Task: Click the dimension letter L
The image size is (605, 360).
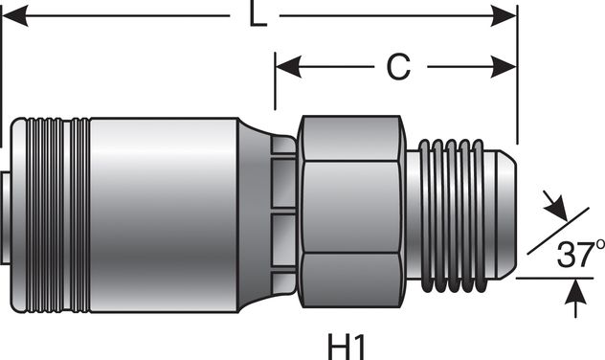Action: click(x=256, y=16)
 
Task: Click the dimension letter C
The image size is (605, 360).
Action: click(x=397, y=67)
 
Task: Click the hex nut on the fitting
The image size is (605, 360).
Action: click(x=350, y=211)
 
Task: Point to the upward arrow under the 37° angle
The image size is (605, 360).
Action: click(x=574, y=297)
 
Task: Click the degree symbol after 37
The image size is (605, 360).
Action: click(x=597, y=245)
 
